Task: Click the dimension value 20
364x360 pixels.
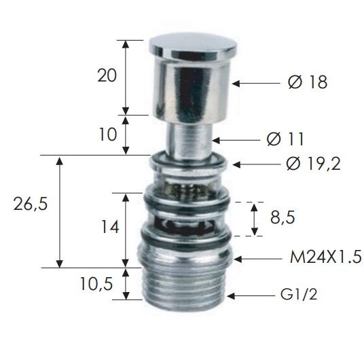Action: coord(107,75)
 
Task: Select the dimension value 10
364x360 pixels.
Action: coord(108,134)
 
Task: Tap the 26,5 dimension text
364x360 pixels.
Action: coord(30,204)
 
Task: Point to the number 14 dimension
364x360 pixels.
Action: coord(110,226)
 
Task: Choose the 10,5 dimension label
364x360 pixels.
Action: coord(96,284)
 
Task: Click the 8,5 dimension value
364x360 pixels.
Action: coord(283,217)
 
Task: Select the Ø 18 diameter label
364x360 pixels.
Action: coord(308,82)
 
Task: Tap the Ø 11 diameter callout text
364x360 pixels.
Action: coord(285,139)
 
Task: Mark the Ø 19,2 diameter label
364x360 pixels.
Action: coord(313,164)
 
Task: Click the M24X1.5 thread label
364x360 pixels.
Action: coord(326,257)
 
